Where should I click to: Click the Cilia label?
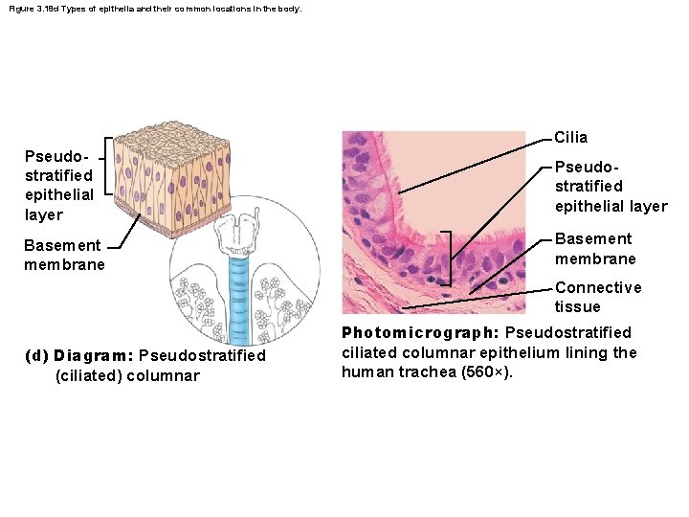pyautogui.click(x=571, y=138)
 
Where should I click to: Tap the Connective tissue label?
pyautogui.click(x=598, y=297)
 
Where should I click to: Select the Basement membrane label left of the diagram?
pyautogui.click(x=64, y=255)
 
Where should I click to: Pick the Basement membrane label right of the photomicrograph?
pyautogui.click(x=594, y=249)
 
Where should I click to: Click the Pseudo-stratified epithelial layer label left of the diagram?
pyautogui.click(x=58, y=185)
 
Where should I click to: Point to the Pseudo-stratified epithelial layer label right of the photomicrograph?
pyautogui.click(x=611, y=186)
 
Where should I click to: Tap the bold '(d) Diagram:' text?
pyautogui.click(x=94, y=355)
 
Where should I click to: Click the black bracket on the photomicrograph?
pyautogui.click(x=448, y=258)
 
